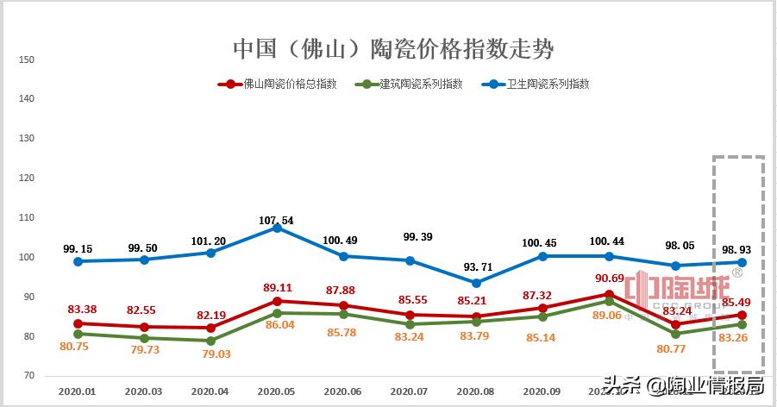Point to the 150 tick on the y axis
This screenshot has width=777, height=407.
click(26, 59)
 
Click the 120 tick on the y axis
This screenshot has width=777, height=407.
click(26, 178)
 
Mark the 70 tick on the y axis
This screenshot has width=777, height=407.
click(26, 376)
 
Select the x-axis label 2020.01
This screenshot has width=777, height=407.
click(77, 391)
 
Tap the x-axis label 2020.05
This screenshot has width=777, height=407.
click(276, 391)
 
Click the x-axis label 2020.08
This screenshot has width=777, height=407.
click(475, 391)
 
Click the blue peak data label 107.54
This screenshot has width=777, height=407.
click(276, 221)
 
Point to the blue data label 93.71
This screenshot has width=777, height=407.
click(475, 266)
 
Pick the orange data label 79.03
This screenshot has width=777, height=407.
click(210, 354)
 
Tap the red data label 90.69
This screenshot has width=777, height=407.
click(609, 278)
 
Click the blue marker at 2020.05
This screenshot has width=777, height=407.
click(277, 228)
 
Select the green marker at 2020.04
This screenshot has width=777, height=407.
click(210, 341)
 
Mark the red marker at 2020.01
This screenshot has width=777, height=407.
click(78, 323)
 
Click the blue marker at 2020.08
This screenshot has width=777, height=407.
click(476, 283)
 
